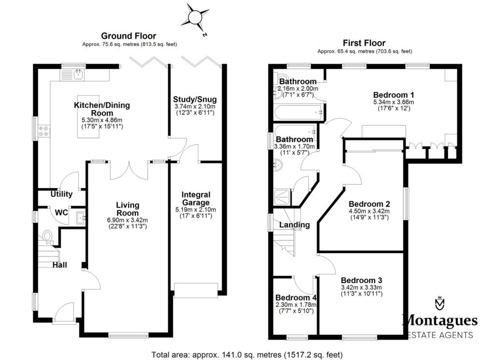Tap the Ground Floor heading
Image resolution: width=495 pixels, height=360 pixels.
point(128,36)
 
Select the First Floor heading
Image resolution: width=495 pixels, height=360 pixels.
point(364,43)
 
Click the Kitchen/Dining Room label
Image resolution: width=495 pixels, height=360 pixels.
point(102,109)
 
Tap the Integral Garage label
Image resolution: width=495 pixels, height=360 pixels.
point(195,199)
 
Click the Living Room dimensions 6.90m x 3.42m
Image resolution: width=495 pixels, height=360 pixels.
point(128,220)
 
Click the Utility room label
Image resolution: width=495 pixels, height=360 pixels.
point(61,194)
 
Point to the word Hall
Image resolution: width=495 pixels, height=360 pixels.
point(59,265)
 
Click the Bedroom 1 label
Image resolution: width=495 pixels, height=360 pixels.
point(393,95)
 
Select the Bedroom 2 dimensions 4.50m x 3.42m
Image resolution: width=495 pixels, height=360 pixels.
point(369,211)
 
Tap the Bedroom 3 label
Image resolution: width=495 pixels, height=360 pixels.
point(362,280)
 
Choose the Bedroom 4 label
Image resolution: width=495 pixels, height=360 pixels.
point(294,298)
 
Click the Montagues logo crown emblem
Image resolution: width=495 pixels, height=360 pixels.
point(439,303)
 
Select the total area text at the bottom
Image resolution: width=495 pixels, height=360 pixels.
point(247,354)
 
